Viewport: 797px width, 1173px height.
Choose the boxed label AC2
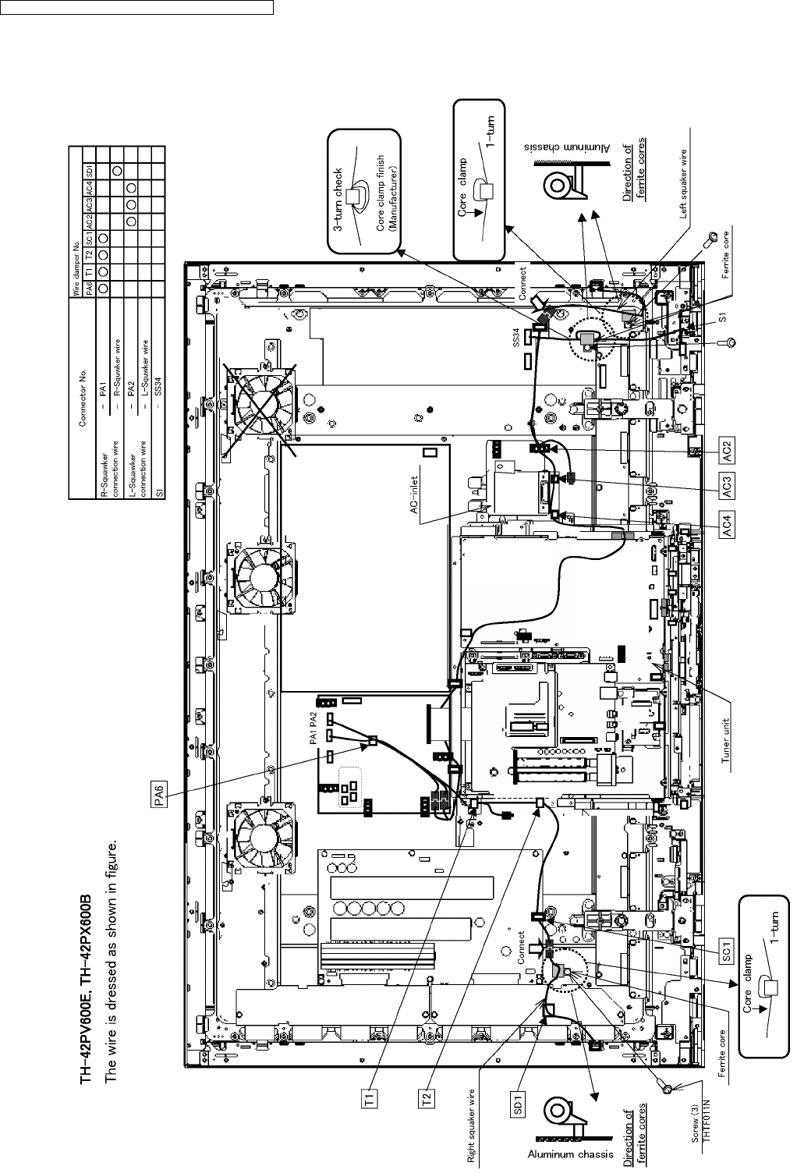(726, 452)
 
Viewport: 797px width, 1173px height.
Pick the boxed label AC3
(726, 490)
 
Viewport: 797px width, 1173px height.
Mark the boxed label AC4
(726, 529)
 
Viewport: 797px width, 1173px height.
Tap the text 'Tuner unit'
(728, 742)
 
